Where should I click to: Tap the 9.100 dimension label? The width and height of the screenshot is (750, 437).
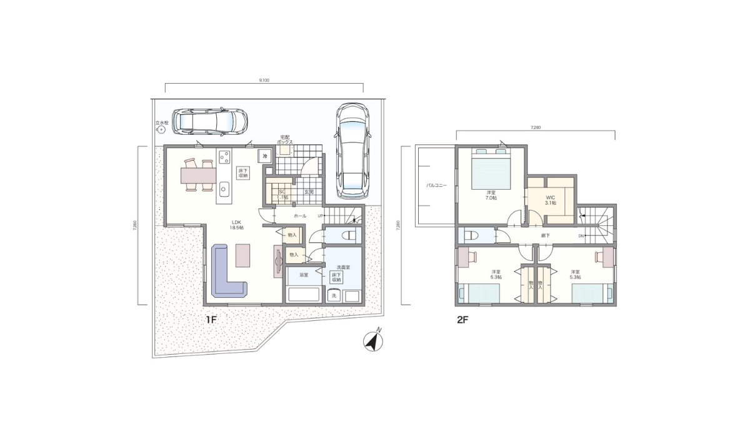[x=264, y=81]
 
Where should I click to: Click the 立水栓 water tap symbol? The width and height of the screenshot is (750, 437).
[x=162, y=130]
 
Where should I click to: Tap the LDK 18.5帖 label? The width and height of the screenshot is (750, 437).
[x=237, y=225]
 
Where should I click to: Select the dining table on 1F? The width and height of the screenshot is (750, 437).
[x=198, y=176]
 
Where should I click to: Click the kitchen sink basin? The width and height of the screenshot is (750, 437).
[x=225, y=187]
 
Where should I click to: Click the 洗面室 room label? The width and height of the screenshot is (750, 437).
[x=343, y=267]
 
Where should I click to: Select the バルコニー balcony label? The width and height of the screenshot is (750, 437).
[x=436, y=185]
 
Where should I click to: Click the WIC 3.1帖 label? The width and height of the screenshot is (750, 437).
[x=550, y=200]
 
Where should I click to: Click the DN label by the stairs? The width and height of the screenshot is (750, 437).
[x=581, y=236]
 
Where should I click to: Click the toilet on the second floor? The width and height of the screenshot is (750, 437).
[x=470, y=236]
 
